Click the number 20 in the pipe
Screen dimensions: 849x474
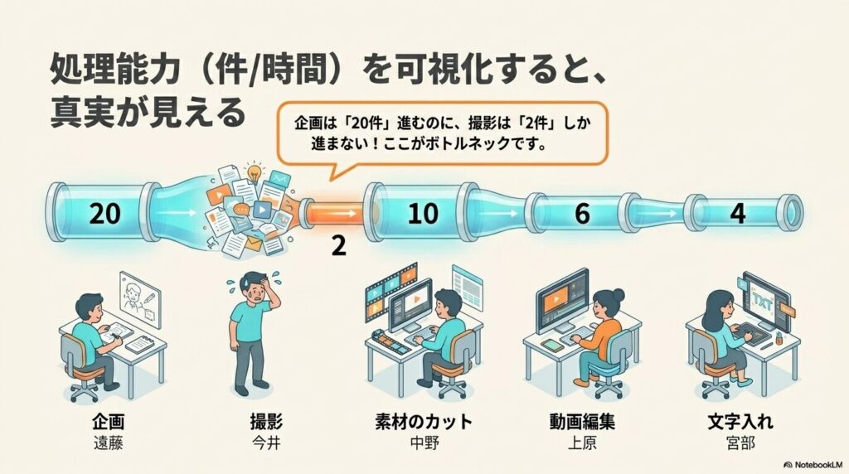click(x=104, y=214)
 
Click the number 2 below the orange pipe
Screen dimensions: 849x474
click(x=338, y=245)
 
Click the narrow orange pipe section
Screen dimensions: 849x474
click(x=336, y=213)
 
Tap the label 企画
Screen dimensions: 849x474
click(x=109, y=422)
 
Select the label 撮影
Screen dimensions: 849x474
click(x=266, y=422)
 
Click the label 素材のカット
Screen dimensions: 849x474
click(x=424, y=422)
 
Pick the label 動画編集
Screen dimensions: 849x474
click(x=582, y=422)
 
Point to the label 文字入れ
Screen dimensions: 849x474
click(x=740, y=422)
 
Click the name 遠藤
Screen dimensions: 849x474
click(x=109, y=443)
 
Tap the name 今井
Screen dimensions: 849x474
click(x=266, y=443)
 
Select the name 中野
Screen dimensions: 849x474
click(x=424, y=443)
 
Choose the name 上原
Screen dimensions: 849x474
click(x=582, y=443)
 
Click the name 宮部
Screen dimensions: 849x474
click(x=740, y=443)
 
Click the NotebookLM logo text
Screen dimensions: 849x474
click(x=813, y=465)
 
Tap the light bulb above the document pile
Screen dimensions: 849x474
click(x=254, y=172)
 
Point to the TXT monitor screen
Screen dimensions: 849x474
click(x=764, y=300)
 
